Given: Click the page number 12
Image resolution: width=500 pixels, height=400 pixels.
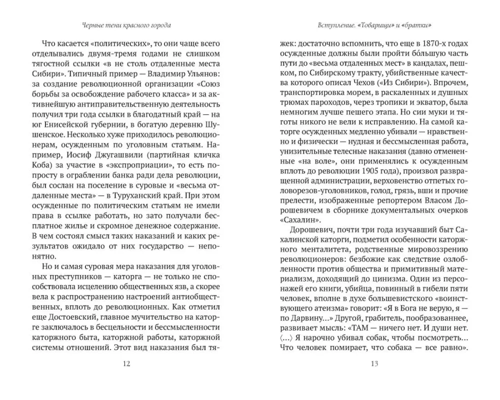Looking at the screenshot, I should [126, 364].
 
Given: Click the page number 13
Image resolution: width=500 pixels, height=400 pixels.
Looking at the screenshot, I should [374, 364].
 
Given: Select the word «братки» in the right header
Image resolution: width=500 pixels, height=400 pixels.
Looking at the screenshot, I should [418, 25].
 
